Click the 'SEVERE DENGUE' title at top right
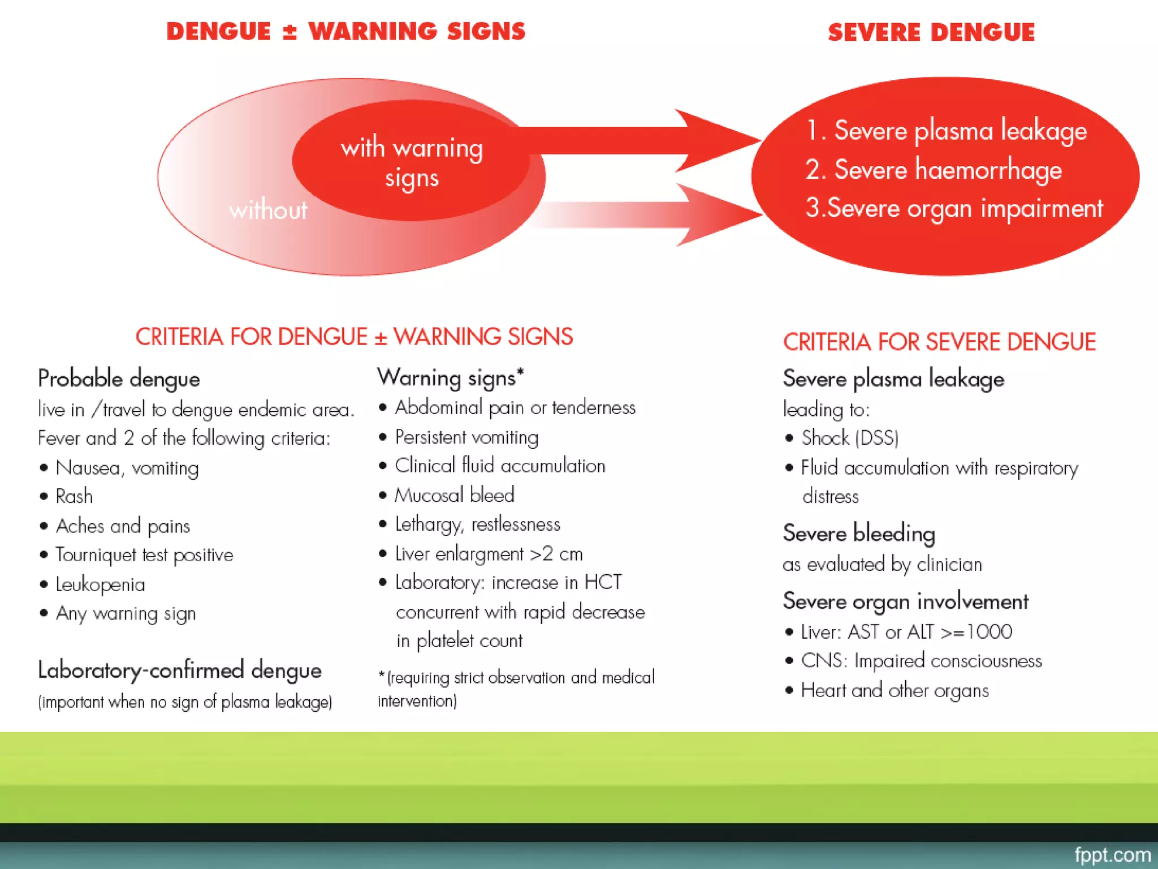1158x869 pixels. click(x=931, y=33)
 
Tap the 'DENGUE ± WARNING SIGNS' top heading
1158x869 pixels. click(x=345, y=32)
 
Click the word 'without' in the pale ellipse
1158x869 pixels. click(x=268, y=210)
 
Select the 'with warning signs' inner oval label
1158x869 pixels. click(x=412, y=162)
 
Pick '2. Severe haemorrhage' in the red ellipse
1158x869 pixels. click(x=934, y=170)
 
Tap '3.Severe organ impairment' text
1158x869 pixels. click(x=954, y=208)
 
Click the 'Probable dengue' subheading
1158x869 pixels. click(x=119, y=379)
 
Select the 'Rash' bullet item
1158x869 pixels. click(x=74, y=496)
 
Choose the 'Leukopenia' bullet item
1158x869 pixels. click(x=100, y=584)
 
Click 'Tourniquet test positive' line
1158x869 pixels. click(x=144, y=555)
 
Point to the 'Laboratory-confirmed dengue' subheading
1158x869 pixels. click(x=179, y=670)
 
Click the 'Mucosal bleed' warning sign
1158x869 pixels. click(x=454, y=495)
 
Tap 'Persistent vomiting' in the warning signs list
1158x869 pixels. click(x=466, y=437)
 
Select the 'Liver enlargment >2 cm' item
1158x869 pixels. click(x=489, y=554)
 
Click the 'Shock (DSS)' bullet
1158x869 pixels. click(x=850, y=438)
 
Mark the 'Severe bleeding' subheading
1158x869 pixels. click(x=859, y=534)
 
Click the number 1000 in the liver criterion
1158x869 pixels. click(x=990, y=631)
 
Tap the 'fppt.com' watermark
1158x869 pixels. click(x=1112, y=855)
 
